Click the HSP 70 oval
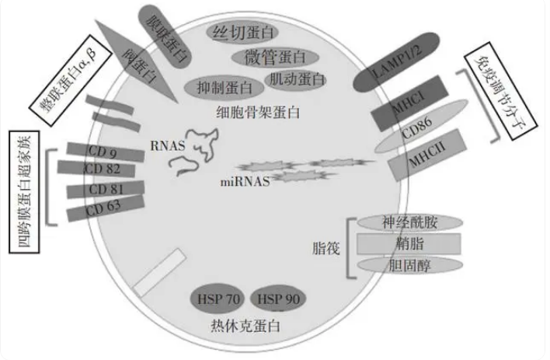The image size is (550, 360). point(218,299)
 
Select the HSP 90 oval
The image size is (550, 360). point(278,299)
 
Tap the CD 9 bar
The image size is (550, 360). point(106,152)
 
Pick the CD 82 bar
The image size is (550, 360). point(96,169)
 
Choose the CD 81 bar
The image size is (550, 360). point(106,190)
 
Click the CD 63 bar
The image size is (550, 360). point(106,208)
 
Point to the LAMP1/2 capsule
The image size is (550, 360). point(396,62)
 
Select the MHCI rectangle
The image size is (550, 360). point(409,103)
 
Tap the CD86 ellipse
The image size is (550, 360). point(421,127)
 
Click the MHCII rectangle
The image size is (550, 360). point(427,155)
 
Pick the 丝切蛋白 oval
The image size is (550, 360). point(242,33)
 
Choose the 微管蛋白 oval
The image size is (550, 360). point(275,58)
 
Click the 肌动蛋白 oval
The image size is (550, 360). point(296,80)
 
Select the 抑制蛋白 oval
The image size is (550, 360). point(225,87)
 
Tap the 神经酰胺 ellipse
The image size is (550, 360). point(409,222)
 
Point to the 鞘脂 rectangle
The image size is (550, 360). point(409,243)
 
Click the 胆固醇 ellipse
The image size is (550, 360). point(409,265)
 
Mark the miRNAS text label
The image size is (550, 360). point(245,182)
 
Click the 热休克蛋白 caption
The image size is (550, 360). point(245,327)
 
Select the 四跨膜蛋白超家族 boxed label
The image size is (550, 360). point(24,192)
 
